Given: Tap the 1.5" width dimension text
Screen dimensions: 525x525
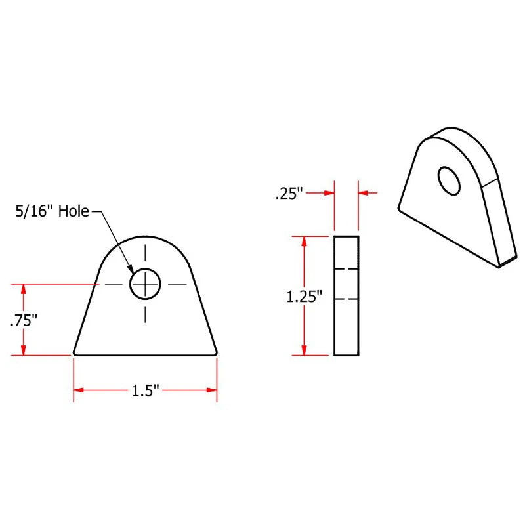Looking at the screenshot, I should (146, 390).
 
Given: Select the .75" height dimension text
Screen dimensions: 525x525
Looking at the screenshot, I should (23, 320).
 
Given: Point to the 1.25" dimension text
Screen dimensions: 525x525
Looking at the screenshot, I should (304, 297).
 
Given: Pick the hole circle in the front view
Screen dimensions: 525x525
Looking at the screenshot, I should (145, 284).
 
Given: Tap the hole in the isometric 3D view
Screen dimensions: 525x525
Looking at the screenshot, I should (450, 180).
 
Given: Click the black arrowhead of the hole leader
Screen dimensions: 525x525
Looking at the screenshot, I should (132, 270).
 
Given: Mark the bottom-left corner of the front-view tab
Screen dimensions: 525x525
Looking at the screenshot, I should (74, 354).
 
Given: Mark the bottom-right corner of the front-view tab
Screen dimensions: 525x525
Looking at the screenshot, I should (216, 354).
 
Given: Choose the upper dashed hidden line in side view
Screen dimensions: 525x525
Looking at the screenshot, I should (346, 270).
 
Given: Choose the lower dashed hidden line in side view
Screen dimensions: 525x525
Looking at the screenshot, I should (346, 299).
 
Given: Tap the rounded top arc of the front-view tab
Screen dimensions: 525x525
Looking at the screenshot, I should (145, 237).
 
